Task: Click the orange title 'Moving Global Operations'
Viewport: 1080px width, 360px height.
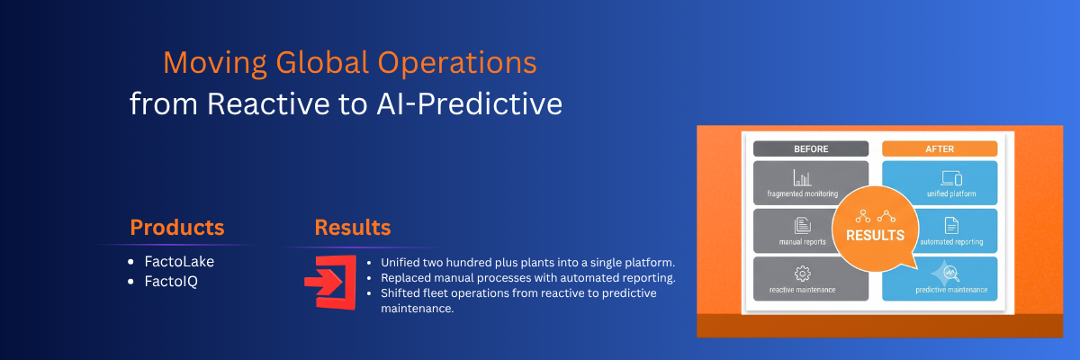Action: coord(349,63)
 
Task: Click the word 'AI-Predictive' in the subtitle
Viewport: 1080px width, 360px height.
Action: coord(469,103)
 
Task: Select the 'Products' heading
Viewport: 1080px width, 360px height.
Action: coord(177,228)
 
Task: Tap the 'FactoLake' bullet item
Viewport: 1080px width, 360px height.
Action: coord(179,261)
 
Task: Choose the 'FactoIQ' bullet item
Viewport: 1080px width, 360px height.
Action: coord(171,281)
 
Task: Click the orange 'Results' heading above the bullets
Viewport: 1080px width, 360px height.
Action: coord(353,228)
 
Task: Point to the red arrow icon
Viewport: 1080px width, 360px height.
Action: coord(331,283)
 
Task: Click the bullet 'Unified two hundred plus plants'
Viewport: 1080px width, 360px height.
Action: coord(527,262)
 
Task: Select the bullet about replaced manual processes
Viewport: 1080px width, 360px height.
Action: coord(528,277)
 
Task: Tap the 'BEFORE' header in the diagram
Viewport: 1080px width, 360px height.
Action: coord(811,148)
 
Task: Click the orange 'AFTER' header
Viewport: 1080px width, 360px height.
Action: coord(940,148)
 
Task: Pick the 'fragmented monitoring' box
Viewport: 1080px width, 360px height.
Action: coord(802,183)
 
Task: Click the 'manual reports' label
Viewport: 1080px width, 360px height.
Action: coord(802,242)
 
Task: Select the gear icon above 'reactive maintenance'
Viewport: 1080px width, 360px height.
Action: coord(802,274)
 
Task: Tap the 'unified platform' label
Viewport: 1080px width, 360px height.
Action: coord(951,193)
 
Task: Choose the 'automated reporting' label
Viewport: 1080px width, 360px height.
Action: coord(951,242)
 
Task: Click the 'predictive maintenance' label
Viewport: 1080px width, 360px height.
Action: coord(951,290)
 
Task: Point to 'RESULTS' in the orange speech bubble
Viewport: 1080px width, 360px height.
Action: coord(875,235)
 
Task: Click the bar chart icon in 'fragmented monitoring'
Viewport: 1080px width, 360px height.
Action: coord(802,178)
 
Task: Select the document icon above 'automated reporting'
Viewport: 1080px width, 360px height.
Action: coord(951,226)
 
